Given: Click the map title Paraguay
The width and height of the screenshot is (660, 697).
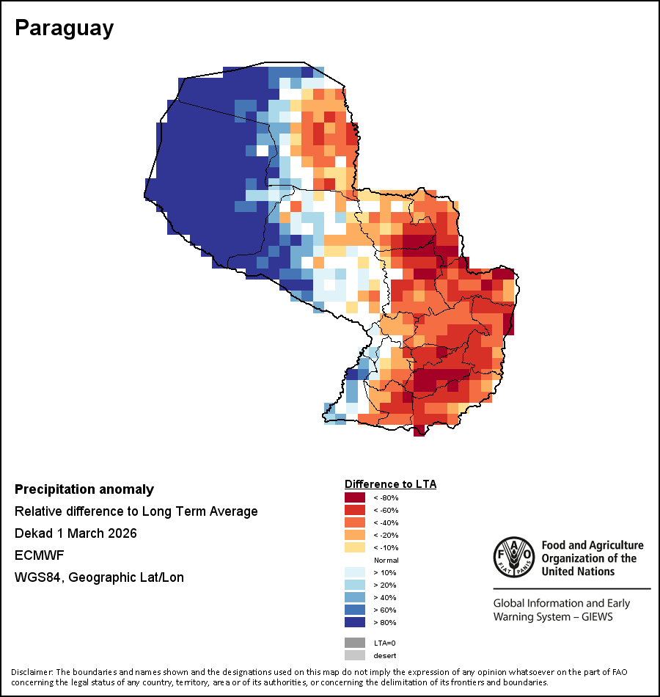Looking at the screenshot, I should pyautogui.click(x=65, y=28).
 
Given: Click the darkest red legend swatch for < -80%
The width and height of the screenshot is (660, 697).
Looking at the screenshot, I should pyautogui.click(x=354, y=497).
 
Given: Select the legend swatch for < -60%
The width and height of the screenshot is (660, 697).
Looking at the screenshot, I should pyautogui.click(x=354, y=510).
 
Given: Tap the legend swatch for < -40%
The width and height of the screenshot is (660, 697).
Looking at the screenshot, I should pyautogui.click(x=354, y=522).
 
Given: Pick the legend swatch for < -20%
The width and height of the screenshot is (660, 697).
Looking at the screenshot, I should pyautogui.click(x=354, y=535).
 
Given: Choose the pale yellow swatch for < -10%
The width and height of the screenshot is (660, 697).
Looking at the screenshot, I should pyautogui.click(x=354, y=547).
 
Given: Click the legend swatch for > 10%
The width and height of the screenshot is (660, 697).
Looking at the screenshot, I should pyautogui.click(x=354, y=572).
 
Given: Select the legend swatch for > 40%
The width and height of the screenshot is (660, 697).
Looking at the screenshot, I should pyautogui.click(x=354, y=597).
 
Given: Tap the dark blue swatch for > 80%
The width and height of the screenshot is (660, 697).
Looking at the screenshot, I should pyautogui.click(x=354, y=622).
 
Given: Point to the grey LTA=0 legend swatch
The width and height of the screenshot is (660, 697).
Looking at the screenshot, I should pyautogui.click(x=354, y=643).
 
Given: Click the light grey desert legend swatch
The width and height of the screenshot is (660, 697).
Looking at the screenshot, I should pyautogui.click(x=354, y=655).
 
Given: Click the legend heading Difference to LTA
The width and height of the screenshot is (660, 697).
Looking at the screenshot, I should pyautogui.click(x=390, y=484).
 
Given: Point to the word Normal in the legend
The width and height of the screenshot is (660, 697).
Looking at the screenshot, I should pyautogui.click(x=386, y=560).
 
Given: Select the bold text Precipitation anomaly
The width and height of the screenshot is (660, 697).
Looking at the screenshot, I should pyautogui.click(x=84, y=489).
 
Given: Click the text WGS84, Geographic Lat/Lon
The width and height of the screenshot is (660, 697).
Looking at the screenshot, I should pyautogui.click(x=99, y=577).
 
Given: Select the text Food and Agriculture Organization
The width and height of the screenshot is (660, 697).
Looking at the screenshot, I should pyautogui.click(x=592, y=558).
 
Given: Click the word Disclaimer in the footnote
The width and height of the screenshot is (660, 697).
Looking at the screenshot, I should pyautogui.click(x=32, y=672).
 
